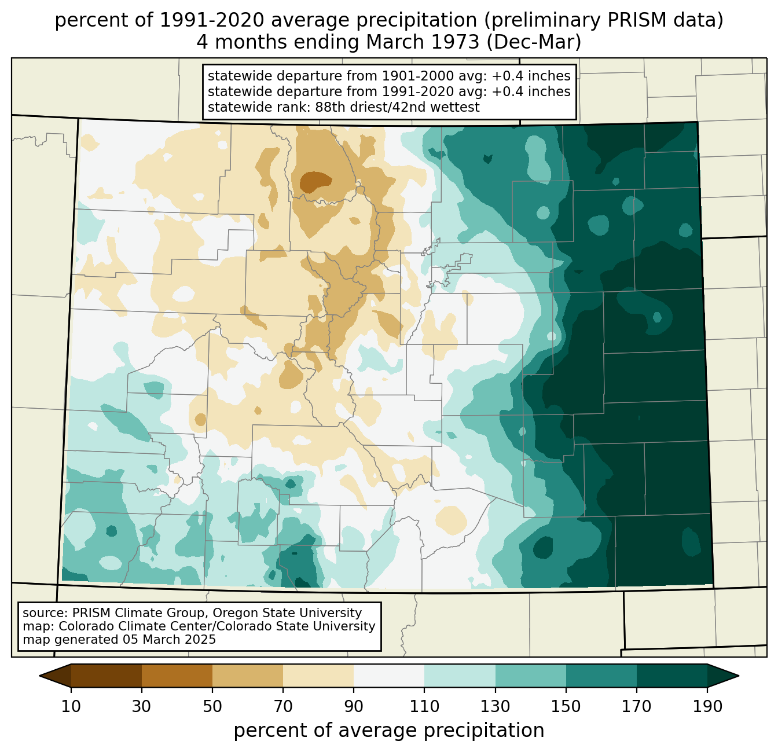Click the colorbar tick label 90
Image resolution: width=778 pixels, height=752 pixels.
tap(354, 707)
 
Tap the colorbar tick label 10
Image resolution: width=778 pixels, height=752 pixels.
tap(71, 707)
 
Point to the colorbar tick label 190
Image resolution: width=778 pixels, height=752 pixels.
tap(707, 707)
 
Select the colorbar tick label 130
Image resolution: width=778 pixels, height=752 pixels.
tap(496, 707)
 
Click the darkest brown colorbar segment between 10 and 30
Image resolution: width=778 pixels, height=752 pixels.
tap(107, 676)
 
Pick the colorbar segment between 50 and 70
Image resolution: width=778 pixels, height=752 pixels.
tap(248, 676)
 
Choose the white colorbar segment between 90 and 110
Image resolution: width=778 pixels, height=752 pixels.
tap(389, 676)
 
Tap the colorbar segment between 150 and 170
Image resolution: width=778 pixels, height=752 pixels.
tap(601, 676)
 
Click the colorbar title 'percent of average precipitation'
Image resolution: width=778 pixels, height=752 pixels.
tap(389, 731)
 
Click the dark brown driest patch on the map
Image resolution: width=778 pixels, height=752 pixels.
tap(315, 182)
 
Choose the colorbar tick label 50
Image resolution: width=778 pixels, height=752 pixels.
tap(212, 707)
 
